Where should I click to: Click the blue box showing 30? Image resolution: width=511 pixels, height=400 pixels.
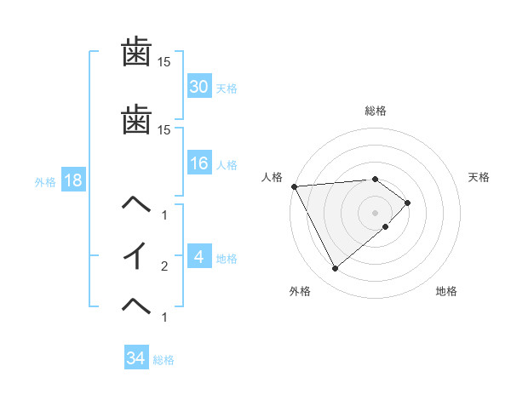(x=199, y=87)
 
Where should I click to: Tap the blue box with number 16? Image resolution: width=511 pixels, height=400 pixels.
(x=199, y=163)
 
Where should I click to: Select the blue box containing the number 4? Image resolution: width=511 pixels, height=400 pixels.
(x=199, y=257)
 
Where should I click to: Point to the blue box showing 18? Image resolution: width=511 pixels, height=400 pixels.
(x=72, y=180)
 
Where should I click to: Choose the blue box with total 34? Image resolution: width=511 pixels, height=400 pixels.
(x=136, y=358)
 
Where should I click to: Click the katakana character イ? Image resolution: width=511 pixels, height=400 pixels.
(x=137, y=256)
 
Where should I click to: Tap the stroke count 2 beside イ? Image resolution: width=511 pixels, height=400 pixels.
(x=164, y=266)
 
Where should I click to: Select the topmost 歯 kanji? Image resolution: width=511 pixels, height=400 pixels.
(x=137, y=53)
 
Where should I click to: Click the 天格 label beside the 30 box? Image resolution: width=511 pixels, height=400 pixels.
(x=227, y=89)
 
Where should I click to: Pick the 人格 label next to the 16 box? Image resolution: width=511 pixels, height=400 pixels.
(x=227, y=165)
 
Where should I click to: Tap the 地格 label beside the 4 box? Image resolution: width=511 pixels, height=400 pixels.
(x=227, y=259)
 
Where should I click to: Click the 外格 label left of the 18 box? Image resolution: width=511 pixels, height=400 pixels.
(x=44, y=181)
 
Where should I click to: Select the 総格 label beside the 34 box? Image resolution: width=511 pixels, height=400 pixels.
(x=164, y=360)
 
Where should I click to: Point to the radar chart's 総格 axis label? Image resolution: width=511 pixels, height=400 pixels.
(x=376, y=111)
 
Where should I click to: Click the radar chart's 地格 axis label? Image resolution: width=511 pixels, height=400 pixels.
(x=446, y=292)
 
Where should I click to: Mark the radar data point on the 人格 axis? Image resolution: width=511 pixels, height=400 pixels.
(x=294, y=186)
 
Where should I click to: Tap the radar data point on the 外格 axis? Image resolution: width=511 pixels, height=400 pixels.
(x=335, y=269)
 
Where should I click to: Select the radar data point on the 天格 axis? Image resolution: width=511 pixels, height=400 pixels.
(x=408, y=203)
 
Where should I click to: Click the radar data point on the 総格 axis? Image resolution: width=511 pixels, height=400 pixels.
(x=376, y=179)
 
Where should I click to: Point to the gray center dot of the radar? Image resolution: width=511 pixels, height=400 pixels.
(x=376, y=212)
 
